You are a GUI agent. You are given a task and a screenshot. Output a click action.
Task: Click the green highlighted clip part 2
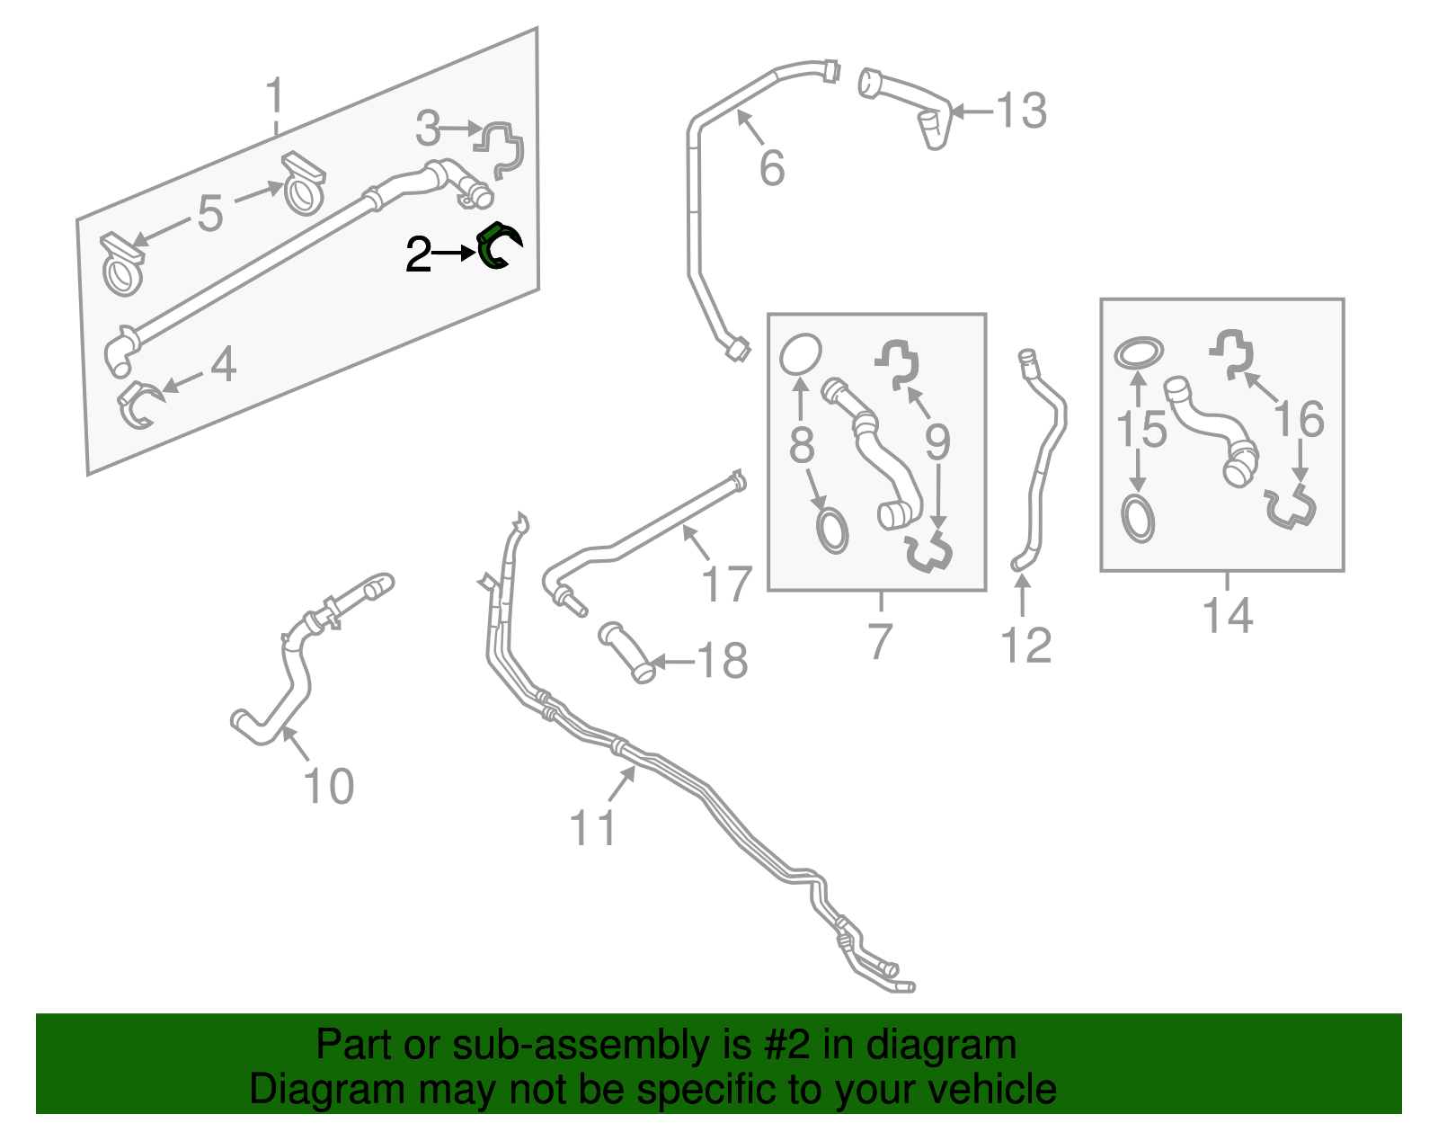click(x=497, y=246)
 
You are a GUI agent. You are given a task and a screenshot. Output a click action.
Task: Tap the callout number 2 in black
click(x=419, y=255)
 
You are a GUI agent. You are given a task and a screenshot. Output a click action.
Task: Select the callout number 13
click(x=1021, y=111)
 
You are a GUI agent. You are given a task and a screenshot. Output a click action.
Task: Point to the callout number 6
click(x=772, y=168)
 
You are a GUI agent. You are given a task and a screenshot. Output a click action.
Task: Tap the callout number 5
click(x=209, y=213)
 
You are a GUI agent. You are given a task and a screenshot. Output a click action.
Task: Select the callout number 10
click(x=329, y=787)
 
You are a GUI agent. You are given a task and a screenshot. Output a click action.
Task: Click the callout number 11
click(x=593, y=827)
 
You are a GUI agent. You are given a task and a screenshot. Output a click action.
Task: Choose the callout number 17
click(x=726, y=584)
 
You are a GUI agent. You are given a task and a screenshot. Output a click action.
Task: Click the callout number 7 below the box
click(x=880, y=640)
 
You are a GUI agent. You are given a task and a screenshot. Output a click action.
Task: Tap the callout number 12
click(x=1025, y=646)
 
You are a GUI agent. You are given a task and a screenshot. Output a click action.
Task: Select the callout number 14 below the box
click(x=1227, y=616)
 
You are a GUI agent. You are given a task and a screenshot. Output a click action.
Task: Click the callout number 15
click(x=1141, y=429)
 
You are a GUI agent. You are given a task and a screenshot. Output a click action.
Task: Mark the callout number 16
click(x=1299, y=419)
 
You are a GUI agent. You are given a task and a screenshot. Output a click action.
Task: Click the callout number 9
click(x=937, y=441)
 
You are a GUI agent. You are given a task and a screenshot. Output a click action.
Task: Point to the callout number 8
click(x=801, y=445)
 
